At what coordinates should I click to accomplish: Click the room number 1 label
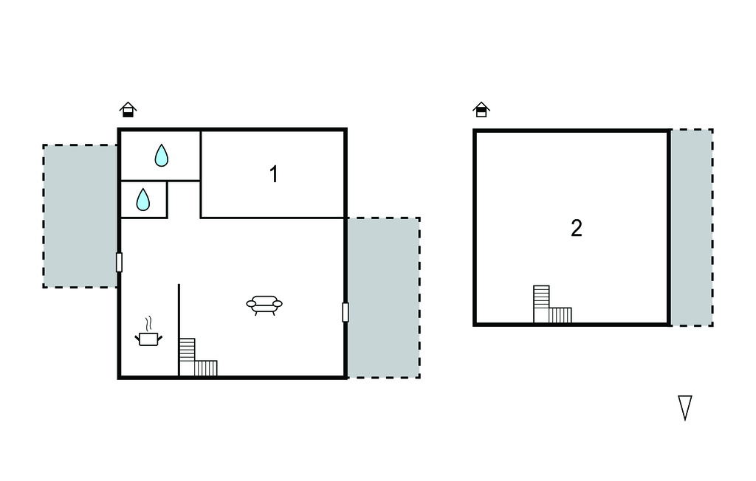pos(274,175)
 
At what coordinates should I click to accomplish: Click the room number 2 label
pos(577,228)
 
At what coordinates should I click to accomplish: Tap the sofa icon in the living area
pos(264,304)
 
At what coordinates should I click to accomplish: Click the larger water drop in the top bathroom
pos(161,155)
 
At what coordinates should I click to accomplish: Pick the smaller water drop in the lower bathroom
pos(143,199)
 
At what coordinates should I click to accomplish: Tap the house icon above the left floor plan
pos(128,110)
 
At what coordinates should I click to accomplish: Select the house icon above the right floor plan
pos(481,110)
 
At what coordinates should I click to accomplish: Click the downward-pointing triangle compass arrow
pos(685,407)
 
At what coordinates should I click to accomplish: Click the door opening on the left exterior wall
pos(119,262)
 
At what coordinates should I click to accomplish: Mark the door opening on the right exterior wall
pos(346,312)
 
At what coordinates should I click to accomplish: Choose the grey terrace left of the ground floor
pos(80,215)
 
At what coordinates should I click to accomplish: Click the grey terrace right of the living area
pos(383,297)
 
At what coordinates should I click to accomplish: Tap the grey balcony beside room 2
pos(691,227)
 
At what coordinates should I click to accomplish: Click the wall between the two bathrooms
pos(159,180)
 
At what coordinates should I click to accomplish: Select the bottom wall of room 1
pos(273,218)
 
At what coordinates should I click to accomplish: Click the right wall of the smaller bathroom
pos(168,199)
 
